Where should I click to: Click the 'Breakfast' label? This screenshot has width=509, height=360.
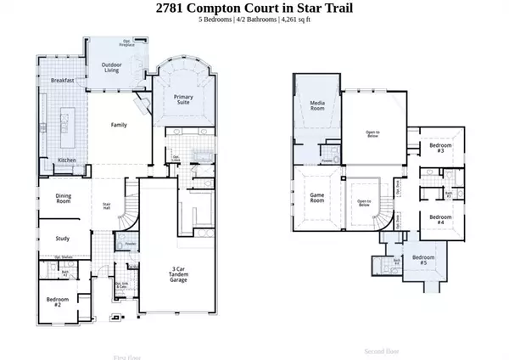[62, 80]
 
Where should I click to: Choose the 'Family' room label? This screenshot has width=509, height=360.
[119, 125]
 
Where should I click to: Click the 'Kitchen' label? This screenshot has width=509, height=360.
[68, 160]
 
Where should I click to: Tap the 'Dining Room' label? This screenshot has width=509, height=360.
[64, 200]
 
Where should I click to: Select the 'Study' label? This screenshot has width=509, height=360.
[63, 239]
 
